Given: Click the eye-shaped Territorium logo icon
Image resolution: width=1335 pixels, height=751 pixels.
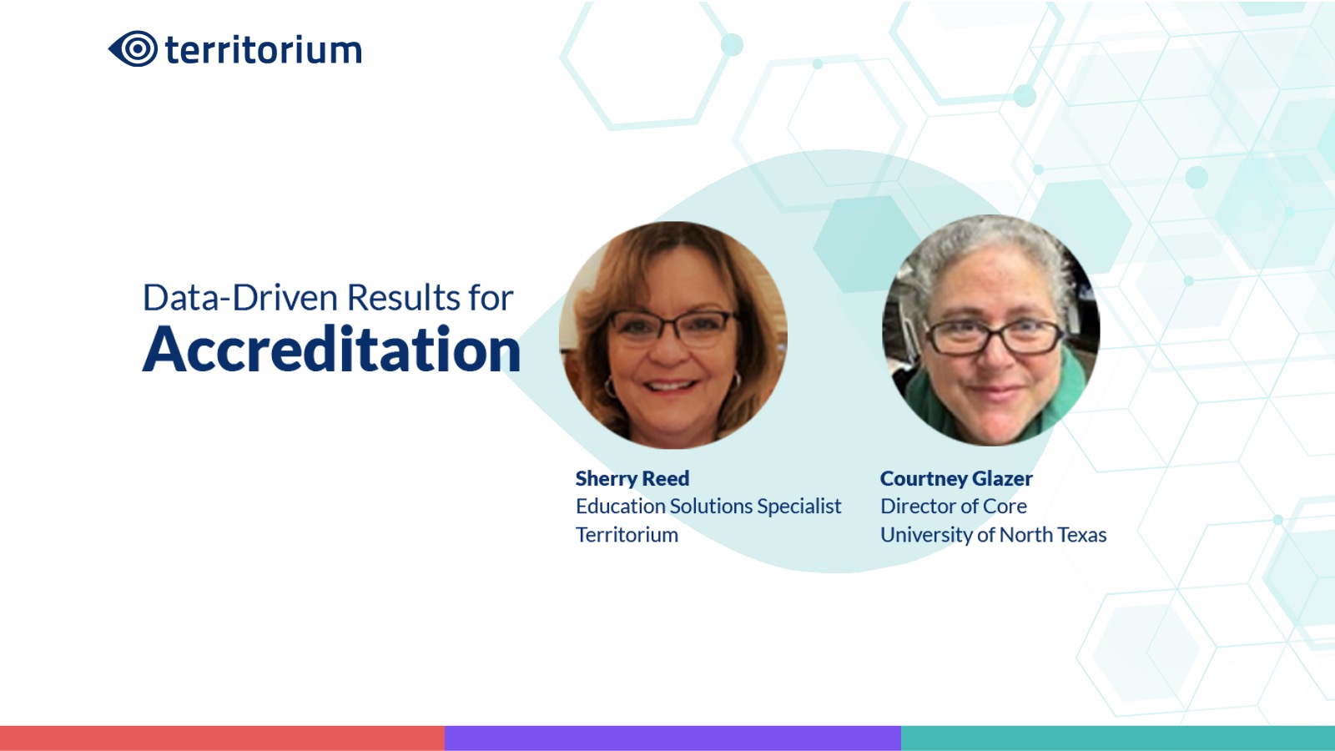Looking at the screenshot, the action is [x=133, y=48].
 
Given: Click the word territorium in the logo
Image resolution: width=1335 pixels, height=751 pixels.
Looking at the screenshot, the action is [x=264, y=49].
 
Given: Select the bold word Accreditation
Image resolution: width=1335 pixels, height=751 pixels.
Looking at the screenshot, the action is [x=331, y=350].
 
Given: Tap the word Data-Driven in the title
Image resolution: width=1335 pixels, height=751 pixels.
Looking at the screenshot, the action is [x=241, y=297].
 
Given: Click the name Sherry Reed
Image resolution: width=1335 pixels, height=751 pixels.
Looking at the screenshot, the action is [x=632, y=478].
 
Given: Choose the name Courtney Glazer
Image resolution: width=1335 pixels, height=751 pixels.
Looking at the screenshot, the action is [x=956, y=479].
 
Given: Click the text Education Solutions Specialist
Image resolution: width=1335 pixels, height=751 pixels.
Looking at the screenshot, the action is [x=708, y=506].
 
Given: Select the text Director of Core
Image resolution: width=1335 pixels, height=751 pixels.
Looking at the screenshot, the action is [x=953, y=506].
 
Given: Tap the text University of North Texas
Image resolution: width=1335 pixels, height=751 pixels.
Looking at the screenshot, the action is [x=993, y=535].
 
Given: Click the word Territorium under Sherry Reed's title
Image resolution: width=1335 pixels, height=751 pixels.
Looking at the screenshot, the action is [x=627, y=535].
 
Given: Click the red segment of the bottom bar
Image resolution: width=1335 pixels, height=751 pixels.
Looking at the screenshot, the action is [x=222, y=738].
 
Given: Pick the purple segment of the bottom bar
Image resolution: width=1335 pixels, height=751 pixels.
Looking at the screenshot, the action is [x=673, y=738].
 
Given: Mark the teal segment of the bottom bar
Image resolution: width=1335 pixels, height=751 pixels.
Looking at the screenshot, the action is [x=1118, y=738].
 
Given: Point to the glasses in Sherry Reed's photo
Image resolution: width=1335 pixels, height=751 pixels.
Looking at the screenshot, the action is [x=673, y=328].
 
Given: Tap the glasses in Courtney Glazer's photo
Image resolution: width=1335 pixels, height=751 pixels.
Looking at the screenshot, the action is [x=993, y=337].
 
